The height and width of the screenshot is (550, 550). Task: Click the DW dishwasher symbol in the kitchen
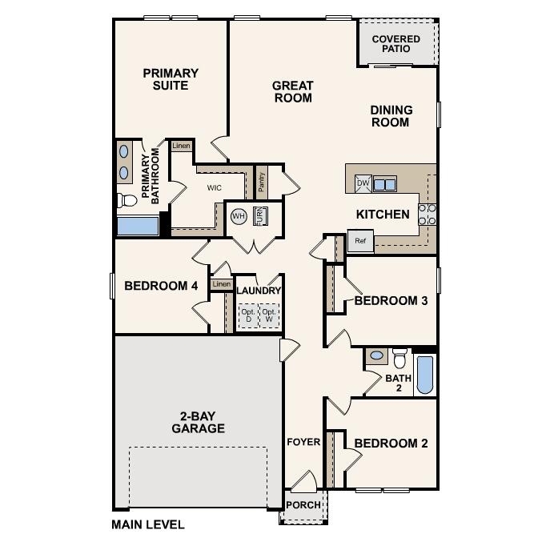point(363,183)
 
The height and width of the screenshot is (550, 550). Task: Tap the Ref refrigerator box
point(360,241)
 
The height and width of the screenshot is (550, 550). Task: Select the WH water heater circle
point(239,216)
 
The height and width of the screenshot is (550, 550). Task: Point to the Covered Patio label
point(395,44)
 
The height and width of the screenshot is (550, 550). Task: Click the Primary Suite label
point(171,79)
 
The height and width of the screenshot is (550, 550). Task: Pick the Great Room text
point(293,92)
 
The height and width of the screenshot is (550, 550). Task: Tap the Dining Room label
point(391,116)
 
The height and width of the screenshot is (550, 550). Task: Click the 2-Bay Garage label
point(198,422)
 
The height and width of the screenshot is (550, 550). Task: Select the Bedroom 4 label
point(161,286)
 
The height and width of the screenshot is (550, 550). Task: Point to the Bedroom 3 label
point(391,301)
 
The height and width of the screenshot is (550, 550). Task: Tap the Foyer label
point(303,442)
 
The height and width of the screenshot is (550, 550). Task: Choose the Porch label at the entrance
point(303,505)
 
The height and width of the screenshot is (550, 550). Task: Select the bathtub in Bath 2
point(425,375)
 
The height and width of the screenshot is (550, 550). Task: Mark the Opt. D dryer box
point(247,315)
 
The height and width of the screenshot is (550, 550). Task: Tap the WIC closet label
point(215,188)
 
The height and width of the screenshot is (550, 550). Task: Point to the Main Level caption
point(148,525)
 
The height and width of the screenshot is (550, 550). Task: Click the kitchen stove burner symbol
point(428,213)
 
